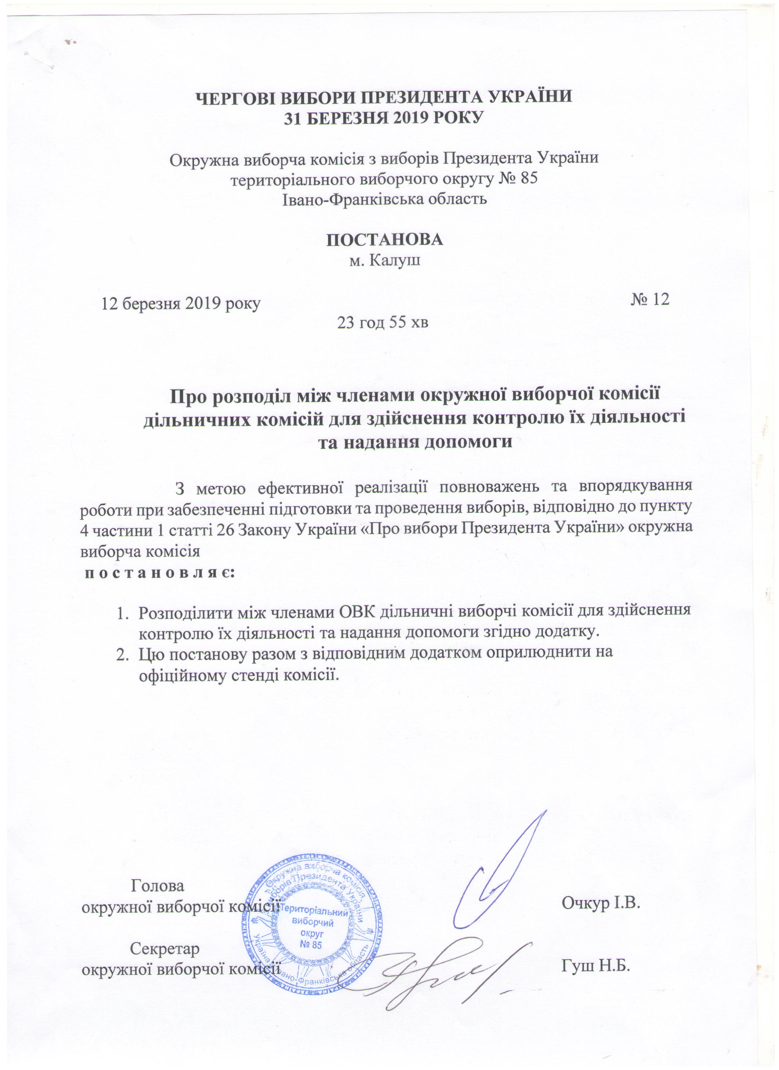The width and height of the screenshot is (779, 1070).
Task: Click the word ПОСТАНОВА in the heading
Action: tap(385, 240)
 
